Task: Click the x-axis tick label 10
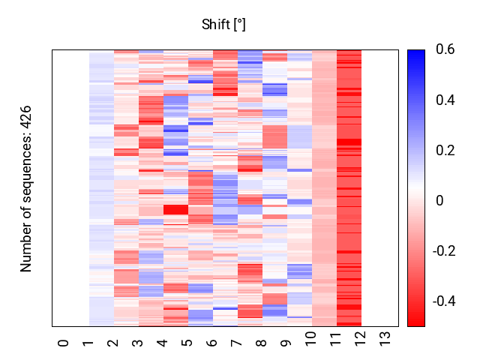pyautogui.click(x=310, y=344)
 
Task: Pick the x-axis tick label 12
pyautogui.click(x=360, y=344)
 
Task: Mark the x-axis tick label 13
pyautogui.click(x=385, y=344)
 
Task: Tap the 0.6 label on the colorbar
pyautogui.click(x=445, y=50)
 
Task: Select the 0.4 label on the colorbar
pyautogui.click(x=445, y=100)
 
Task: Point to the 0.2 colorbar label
pyautogui.click(x=445, y=151)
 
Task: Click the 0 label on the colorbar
pyautogui.click(x=439, y=200)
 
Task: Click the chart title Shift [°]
pyautogui.click(x=223, y=25)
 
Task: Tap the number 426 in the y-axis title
pyautogui.click(x=27, y=118)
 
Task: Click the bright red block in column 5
pyautogui.click(x=175, y=210)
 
